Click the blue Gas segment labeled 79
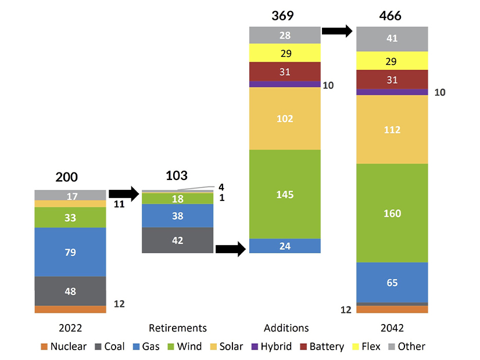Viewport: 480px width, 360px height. point(70,252)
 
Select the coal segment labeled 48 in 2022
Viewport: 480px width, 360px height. point(70,291)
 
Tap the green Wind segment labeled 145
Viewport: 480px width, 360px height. point(285,194)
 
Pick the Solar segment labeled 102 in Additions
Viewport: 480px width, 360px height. point(285,118)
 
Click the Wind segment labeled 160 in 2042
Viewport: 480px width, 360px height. point(392,213)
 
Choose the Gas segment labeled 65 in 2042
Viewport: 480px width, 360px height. point(392,283)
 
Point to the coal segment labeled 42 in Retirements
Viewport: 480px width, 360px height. point(178,240)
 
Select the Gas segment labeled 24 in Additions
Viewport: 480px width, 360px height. point(285,246)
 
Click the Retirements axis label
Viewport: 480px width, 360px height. point(178,327)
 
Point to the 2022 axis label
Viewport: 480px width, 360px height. point(70,327)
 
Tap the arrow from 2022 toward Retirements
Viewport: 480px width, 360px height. point(124,194)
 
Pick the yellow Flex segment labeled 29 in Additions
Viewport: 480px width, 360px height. point(285,53)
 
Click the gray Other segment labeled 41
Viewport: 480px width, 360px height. point(392,39)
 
